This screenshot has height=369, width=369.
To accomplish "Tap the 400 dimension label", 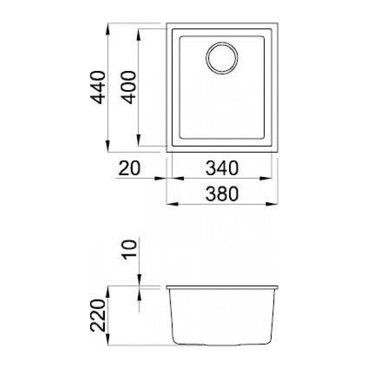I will (129, 88).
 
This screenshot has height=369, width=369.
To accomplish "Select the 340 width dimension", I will (222, 169).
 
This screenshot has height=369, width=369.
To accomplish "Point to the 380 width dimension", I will (222, 195).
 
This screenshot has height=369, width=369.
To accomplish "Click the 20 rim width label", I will (129, 169).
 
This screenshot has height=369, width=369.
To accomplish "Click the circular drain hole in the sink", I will (222, 58).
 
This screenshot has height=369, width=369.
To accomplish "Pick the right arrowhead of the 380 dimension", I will (272, 204).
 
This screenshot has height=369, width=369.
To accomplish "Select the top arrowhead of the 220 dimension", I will (108, 292).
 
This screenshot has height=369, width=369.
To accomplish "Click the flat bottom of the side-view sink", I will (222, 344).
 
